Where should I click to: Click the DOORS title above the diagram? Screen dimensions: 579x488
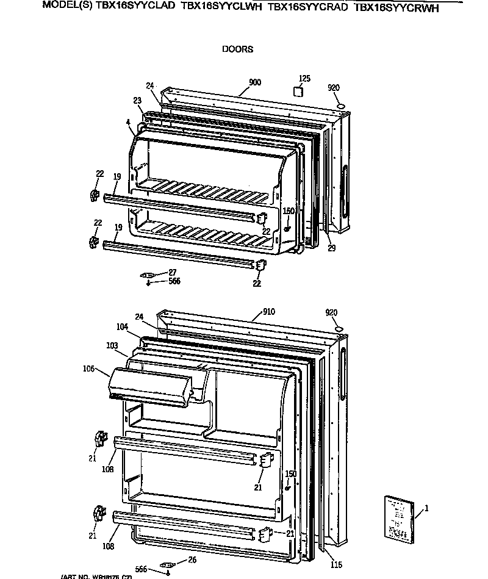[237, 49]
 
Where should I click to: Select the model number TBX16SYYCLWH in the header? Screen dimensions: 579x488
[223, 7]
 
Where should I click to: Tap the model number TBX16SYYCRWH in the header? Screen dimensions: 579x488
[396, 8]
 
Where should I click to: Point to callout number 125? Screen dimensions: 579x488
[304, 78]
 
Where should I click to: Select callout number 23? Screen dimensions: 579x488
[137, 101]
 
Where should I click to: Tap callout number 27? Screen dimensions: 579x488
[173, 273]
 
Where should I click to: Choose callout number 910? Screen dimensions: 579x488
[268, 312]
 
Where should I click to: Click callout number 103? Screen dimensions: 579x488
[112, 346]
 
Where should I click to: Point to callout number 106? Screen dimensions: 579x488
[88, 369]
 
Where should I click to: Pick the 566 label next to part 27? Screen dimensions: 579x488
[174, 281]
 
